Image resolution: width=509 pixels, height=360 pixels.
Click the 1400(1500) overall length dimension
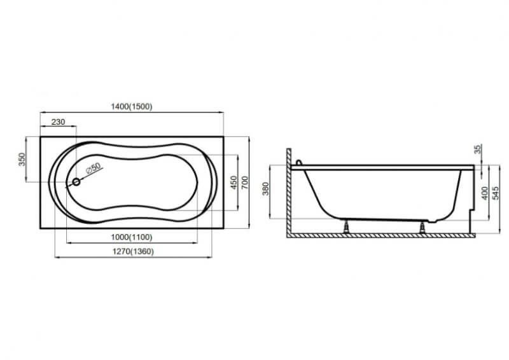[132, 106]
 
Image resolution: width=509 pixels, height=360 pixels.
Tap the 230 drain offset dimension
[58, 122]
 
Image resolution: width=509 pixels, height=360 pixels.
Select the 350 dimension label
[22, 160]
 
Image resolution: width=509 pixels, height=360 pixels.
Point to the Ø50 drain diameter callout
[94, 168]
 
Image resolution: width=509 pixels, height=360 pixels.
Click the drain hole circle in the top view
[76, 182]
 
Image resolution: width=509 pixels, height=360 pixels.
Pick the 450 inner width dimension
[234, 183]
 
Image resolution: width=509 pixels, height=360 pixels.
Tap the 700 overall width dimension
[245, 183]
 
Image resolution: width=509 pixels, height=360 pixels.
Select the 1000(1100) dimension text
[132, 237]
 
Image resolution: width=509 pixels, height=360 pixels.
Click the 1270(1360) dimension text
[133, 252]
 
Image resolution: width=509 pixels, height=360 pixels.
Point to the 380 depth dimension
[265, 189]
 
